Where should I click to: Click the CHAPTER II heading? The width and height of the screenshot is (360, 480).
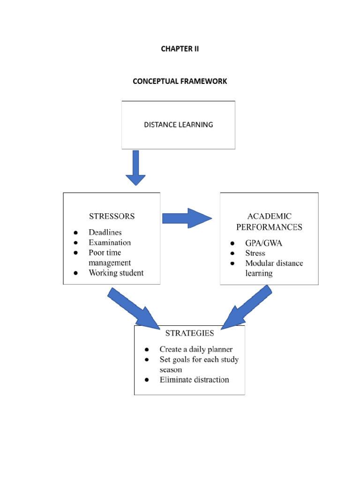point(180,49)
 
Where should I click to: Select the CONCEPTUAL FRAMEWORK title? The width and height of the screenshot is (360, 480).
point(180,81)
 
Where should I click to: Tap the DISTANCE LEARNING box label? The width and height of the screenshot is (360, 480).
point(178,125)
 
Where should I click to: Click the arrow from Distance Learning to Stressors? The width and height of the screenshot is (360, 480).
point(135,168)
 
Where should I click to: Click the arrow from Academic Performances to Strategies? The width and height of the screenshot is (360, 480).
point(246,308)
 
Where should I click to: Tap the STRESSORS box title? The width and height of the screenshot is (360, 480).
point(112,217)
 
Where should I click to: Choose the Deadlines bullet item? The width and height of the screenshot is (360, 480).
point(105,232)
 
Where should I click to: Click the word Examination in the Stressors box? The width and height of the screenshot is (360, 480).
point(110,243)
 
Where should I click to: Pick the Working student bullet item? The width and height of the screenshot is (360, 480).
point(116,273)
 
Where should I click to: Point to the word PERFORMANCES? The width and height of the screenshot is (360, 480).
point(269,227)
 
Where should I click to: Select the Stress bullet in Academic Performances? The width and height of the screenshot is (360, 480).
point(255,253)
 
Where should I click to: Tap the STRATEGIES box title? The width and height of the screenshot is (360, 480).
point(189,333)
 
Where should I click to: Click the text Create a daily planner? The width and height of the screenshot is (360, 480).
point(196,349)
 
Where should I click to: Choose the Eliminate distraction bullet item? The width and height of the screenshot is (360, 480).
point(194,380)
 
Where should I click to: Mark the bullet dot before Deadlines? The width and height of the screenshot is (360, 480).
point(75,233)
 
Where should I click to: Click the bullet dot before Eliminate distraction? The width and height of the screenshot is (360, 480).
point(147,380)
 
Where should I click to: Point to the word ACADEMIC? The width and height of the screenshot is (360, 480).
point(269,217)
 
